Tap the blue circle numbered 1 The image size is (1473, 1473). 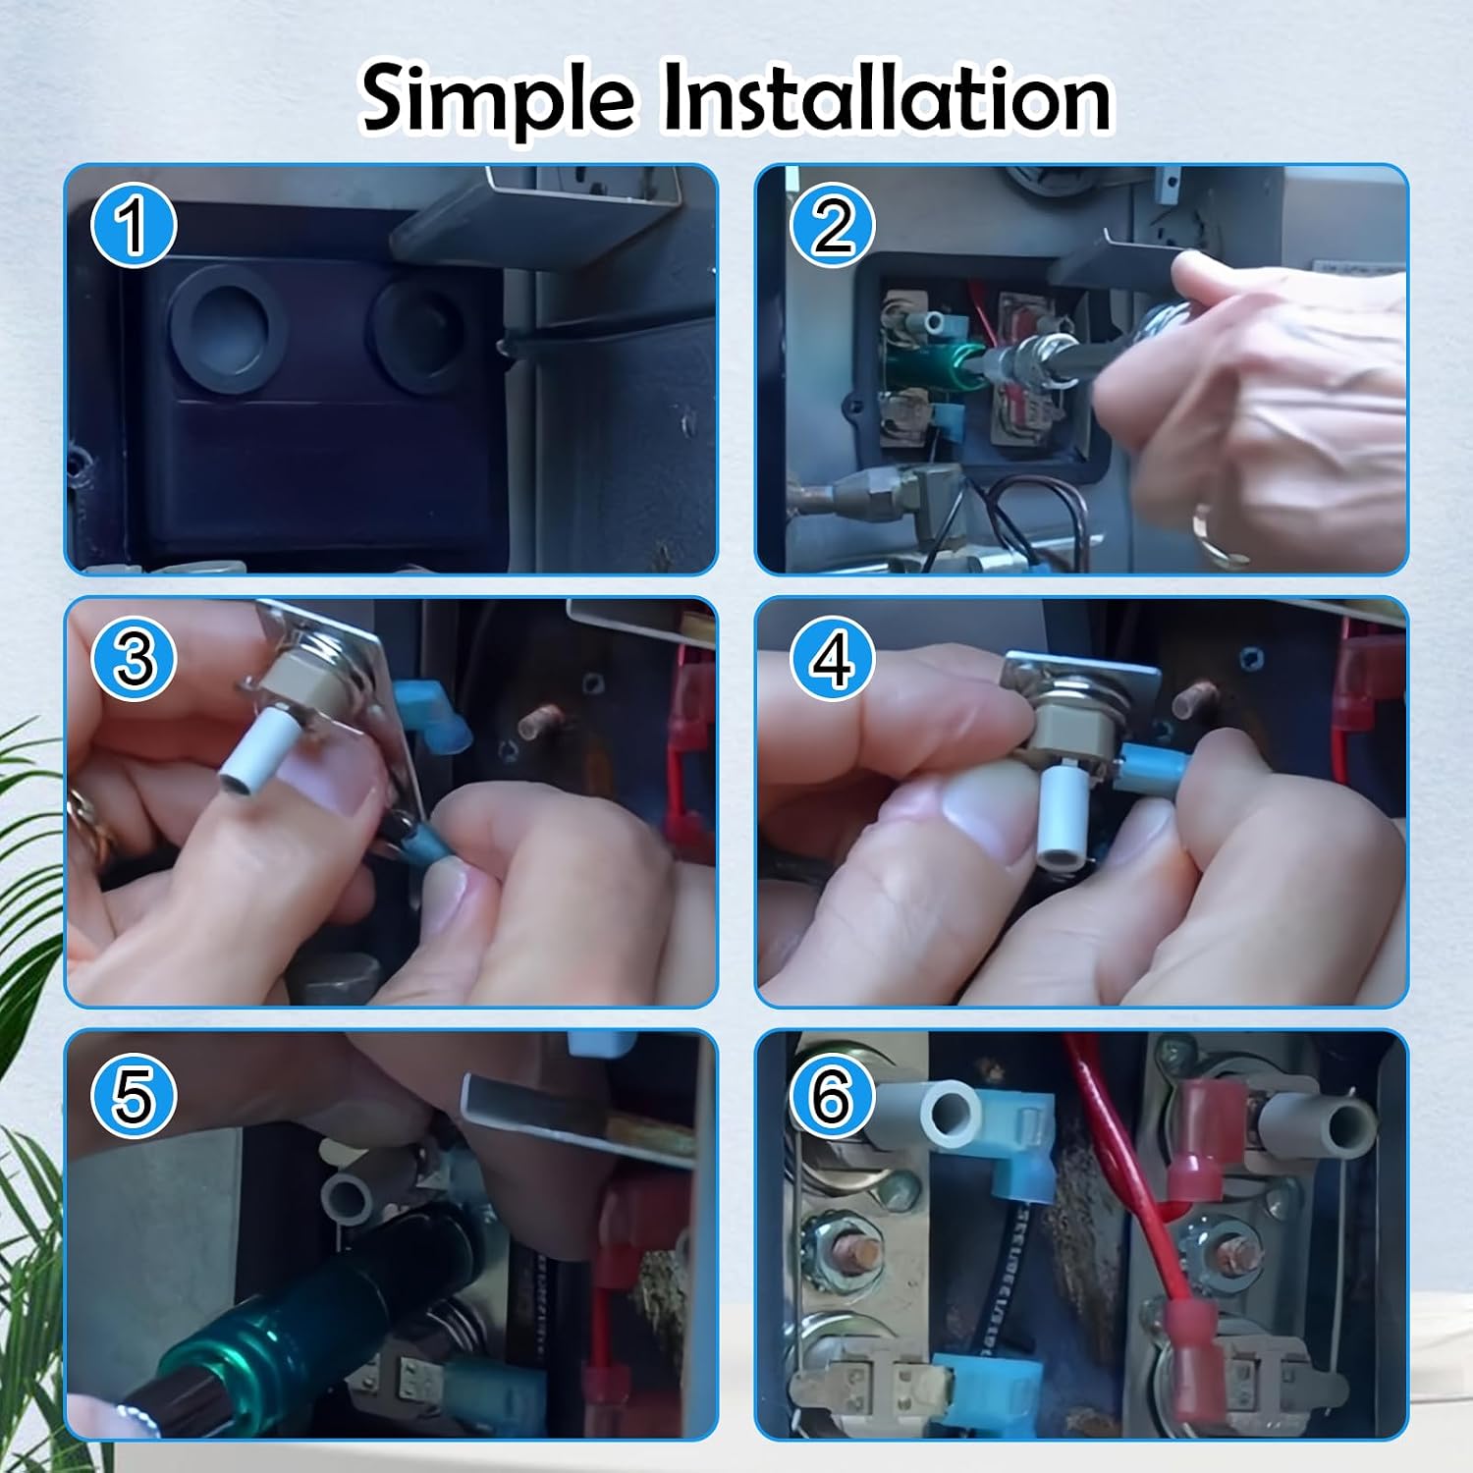(x=134, y=226)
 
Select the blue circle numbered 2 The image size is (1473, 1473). (x=833, y=226)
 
